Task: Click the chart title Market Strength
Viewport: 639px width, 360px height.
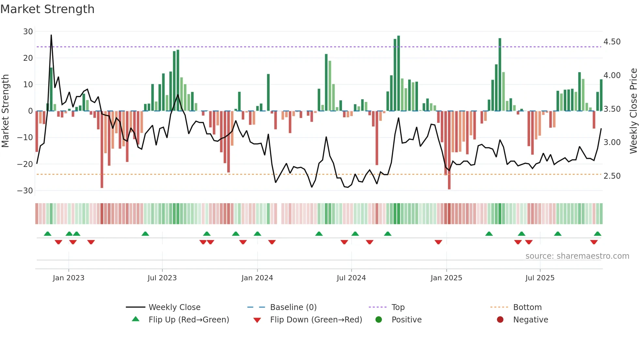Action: pyautogui.click(x=48, y=9)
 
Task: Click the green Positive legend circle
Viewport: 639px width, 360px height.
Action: pyautogui.click(x=379, y=319)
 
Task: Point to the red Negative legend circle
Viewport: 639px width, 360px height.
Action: pyautogui.click(x=500, y=319)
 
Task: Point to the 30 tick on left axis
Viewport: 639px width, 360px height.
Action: pyautogui.click(x=28, y=32)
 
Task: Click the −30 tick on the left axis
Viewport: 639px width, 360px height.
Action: pyautogui.click(x=25, y=190)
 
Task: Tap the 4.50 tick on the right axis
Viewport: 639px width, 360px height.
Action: pyautogui.click(x=612, y=42)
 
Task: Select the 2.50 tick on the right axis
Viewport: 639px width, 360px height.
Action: pyautogui.click(x=612, y=176)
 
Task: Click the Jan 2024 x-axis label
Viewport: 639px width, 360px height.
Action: pyautogui.click(x=257, y=278)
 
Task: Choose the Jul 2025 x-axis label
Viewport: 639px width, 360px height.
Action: pyautogui.click(x=540, y=278)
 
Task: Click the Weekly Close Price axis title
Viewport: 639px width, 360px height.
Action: pyautogui.click(x=633, y=111)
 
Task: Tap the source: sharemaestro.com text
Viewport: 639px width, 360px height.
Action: pyautogui.click(x=577, y=256)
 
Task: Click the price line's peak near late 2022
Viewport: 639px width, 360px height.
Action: pyautogui.click(x=51, y=35)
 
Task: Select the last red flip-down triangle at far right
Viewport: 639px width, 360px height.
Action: pyautogui.click(x=594, y=242)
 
